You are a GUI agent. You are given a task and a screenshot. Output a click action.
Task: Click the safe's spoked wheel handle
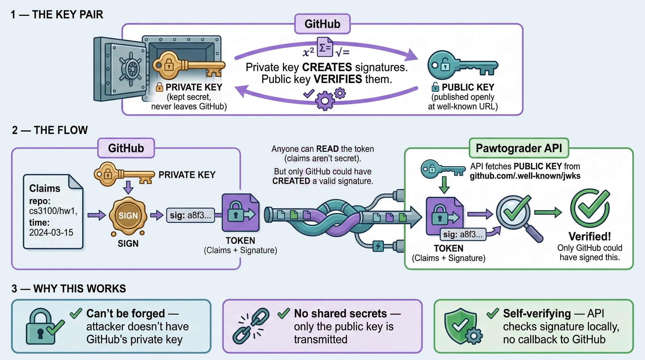[x=132, y=69]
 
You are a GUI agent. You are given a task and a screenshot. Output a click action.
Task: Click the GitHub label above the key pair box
[x=322, y=24]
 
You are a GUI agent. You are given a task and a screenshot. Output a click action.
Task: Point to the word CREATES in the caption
[x=327, y=67]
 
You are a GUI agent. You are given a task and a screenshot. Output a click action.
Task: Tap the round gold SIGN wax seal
[x=128, y=216]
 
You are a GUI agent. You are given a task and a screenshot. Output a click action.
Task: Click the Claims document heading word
[x=45, y=188]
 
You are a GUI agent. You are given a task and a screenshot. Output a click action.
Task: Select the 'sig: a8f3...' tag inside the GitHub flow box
[x=190, y=215]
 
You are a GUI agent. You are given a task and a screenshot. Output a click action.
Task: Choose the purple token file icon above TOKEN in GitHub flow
[x=241, y=213]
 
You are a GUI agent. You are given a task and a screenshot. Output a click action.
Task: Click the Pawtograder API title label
[x=519, y=148]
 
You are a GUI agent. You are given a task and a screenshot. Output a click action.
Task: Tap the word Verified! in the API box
[x=590, y=236]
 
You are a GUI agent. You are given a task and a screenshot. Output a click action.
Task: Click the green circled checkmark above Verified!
[x=590, y=208]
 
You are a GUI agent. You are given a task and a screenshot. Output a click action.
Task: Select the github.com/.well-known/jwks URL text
[x=525, y=176]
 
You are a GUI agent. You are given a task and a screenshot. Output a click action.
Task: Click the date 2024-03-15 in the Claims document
[x=51, y=232]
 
